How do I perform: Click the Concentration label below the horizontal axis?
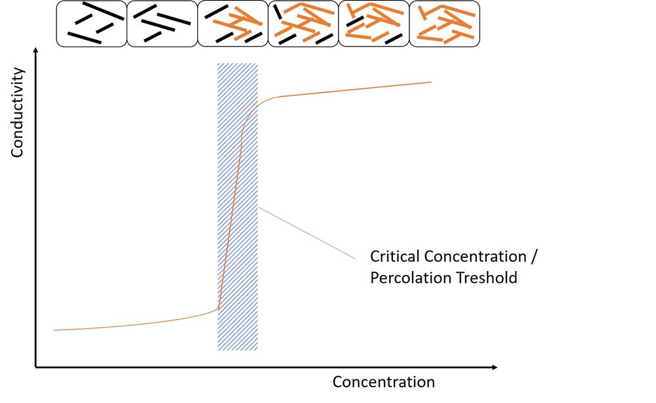(384, 382)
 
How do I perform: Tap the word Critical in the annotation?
(396, 255)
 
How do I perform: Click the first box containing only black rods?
(91, 24)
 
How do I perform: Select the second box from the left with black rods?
(161, 24)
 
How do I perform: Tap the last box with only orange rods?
(445, 24)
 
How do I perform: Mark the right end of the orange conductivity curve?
(431, 82)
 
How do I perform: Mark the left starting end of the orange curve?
(54, 330)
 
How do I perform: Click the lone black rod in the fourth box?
(279, 12)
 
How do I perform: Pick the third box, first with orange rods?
(232, 24)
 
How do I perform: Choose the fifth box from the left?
(374, 24)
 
